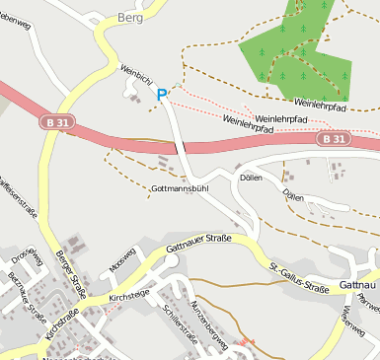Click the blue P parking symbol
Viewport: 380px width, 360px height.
tap(162, 95)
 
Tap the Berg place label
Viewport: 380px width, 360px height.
tap(130, 18)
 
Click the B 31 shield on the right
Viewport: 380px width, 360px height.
tap(333, 140)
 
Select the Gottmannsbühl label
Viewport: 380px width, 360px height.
tap(179, 187)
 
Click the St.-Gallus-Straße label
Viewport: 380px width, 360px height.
tap(299, 278)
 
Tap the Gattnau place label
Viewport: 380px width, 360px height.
tap(357, 285)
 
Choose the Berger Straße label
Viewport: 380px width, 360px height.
tap(71, 273)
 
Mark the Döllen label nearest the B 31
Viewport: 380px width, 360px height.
tap(251, 178)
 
